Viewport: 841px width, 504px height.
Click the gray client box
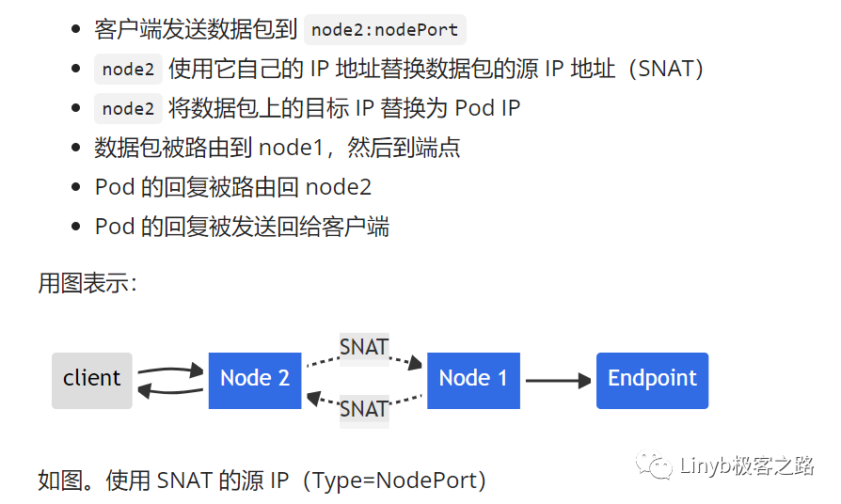click(91, 380)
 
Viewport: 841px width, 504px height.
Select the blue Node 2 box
click(255, 380)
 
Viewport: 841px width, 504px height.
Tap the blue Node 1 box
click(473, 380)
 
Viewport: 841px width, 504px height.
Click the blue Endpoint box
click(652, 380)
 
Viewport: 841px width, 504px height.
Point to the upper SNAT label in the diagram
click(364, 347)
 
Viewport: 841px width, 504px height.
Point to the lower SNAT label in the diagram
click(364, 409)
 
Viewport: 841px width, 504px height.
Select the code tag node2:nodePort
click(386, 29)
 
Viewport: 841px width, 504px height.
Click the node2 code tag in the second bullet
click(128, 69)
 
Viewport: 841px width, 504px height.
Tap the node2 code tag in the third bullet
click(128, 108)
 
